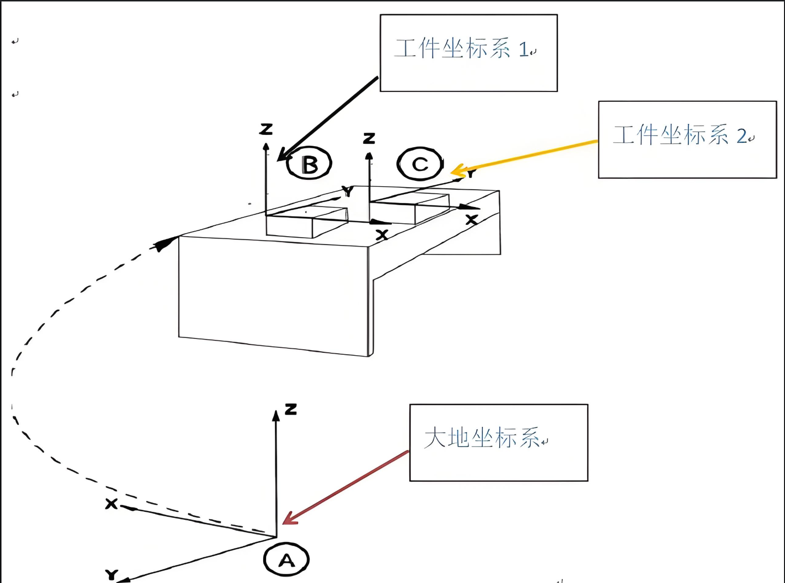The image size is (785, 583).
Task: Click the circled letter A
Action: click(x=286, y=560)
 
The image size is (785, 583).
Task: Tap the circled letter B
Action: click(x=309, y=164)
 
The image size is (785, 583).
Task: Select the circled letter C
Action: click(x=420, y=164)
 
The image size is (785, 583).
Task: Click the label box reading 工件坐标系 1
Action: click(x=469, y=53)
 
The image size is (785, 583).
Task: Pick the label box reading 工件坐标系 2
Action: click(x=687, y=139)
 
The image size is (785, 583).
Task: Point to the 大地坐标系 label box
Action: click(x=499, y=442)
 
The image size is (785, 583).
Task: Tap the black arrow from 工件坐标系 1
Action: click(x=328, y=119)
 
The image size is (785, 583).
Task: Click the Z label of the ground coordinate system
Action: click(x=291, y=409)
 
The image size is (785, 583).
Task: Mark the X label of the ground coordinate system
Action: click(x=112, y=503)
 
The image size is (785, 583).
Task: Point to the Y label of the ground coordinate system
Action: click(x=112, y=575)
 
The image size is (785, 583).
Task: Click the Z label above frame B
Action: click(x=266, y=129)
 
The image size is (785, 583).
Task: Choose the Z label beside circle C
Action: click(x=369, y=138)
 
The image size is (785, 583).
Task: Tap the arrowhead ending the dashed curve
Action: click(x=167, y=243)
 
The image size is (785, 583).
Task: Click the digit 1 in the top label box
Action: click(x=523, y=50)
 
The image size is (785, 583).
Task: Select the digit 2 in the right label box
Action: click(x=742, y=136)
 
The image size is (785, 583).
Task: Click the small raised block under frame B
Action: click(x=306, y=222)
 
